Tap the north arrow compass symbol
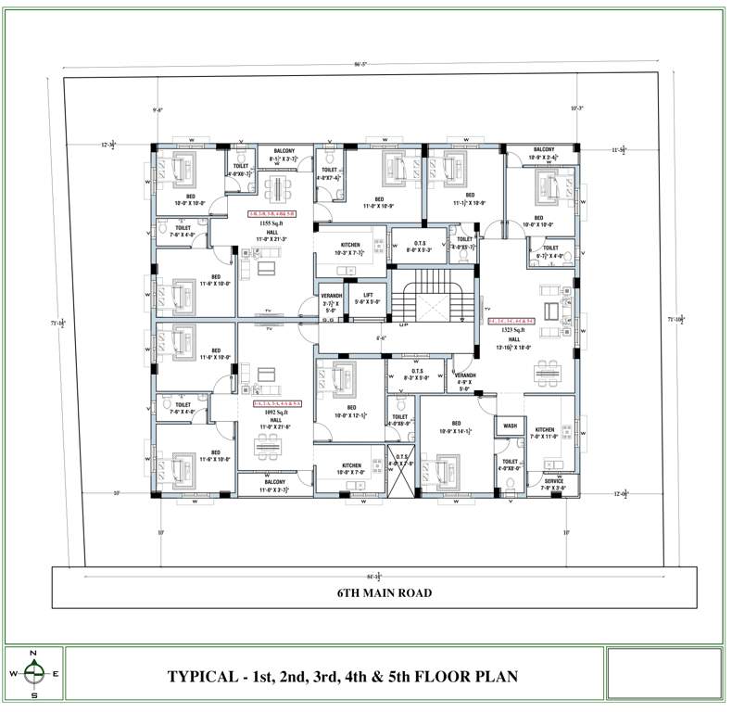[34, 674]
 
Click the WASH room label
[510, 426]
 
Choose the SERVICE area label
[554, 483]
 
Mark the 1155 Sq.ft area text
[271, 224]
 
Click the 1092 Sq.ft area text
[276, 413]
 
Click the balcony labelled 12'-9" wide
[543, 154]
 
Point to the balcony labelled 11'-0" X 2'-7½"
[274, 486]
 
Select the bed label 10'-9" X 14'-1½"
[456, 427]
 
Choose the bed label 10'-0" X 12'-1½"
[351, 412]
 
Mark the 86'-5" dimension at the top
[360, 64]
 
